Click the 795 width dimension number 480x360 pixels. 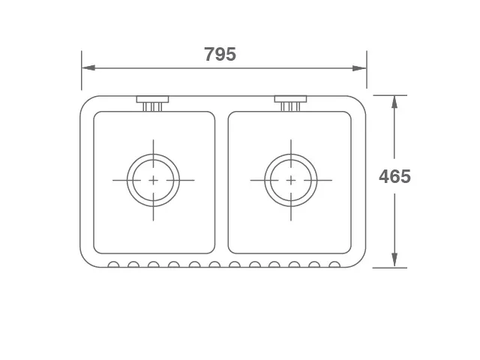pyautogui.click(x=220, y=54)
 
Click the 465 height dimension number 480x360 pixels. pyautogui.click(x=395, y=176)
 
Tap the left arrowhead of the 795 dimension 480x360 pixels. pyautogui.click(x=89, y=68)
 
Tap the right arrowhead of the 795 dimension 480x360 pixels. pyautogui.click(x=359, y=68)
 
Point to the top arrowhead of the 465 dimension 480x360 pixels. pyautogui.click(x=395, y=102)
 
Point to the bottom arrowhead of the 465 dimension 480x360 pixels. pyautogui.click(x=395, y=260)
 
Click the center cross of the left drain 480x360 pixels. pyautogui.click(x=153, y=180)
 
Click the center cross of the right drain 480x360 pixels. pyautogui.click(x=291, y=180)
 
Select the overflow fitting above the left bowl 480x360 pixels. pyautogui.click(x=153, y=103)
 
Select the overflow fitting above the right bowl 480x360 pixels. pyautogui.click(x=291, y=103)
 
